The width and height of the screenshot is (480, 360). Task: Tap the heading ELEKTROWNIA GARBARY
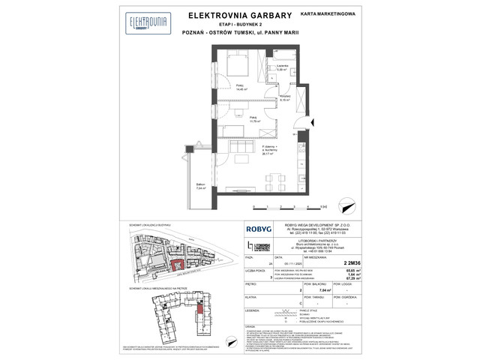[x=239, y=13]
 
